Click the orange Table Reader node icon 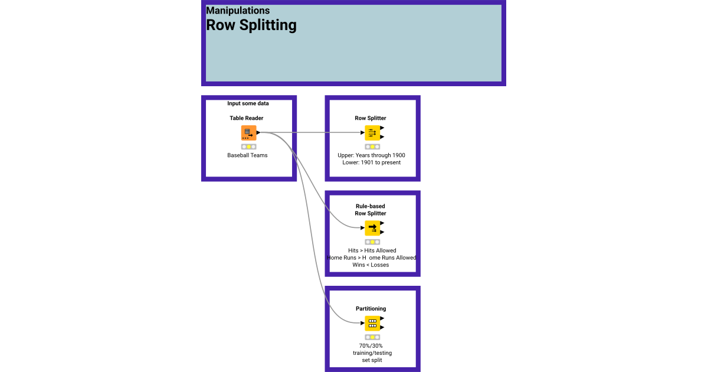pos(248,133)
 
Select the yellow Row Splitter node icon pos(372,133)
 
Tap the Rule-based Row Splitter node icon pos(372,228)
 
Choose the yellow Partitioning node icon pos(372,323)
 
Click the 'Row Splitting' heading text pos(251,25)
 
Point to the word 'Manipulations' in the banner pos(238,11)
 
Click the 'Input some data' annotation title pos(248,103)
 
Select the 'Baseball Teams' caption pos(247,155)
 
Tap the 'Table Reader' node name pos(247,118)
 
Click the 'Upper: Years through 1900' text pos(371,155)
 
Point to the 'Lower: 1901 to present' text pos(371,162)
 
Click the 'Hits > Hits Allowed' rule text pos(372,250)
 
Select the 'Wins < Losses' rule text pos(371,265)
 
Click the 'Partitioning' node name pos(371,308)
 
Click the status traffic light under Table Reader pos(248,146)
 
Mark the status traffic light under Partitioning pos(372,337)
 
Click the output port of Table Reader pos(258,133)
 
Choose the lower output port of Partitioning pos(382,327)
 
